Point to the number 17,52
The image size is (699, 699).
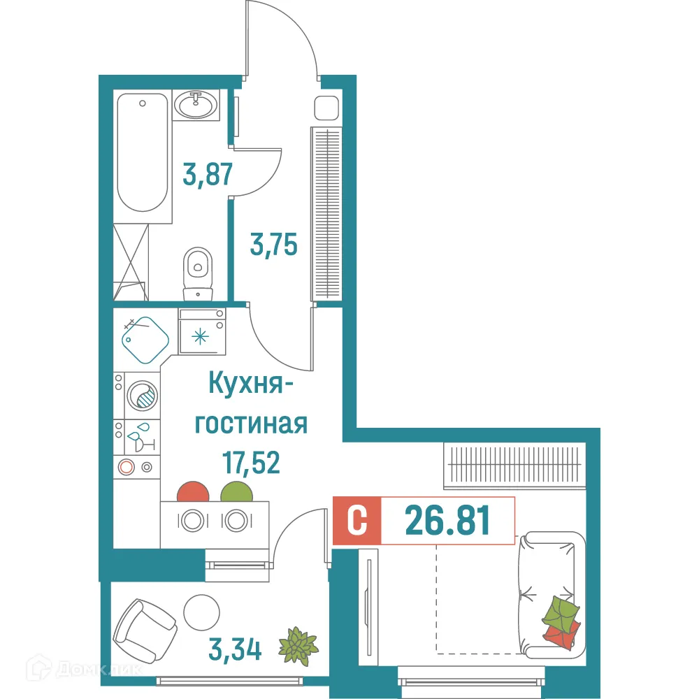click(x=250, y=462)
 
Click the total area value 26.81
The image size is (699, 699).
click(x=447, y=520)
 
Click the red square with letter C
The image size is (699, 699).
click(x=357, y=521)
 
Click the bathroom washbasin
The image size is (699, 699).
click(x=195, y=106)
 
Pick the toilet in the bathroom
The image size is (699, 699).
click(x=198, y=269)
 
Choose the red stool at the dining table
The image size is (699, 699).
click(x=194, y=493)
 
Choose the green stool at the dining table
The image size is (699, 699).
click(x=236, y=493)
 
